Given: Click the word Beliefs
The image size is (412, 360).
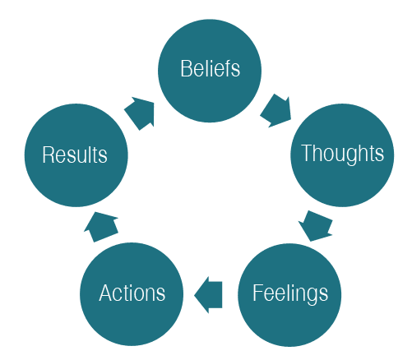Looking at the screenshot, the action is tap(211, 68).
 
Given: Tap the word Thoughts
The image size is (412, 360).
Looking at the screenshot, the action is tap(342, 154).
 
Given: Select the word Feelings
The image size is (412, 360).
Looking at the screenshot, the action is tap(290, 293).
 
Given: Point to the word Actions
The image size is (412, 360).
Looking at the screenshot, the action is tap(132, 293).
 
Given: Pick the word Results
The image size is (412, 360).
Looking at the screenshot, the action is tap(75, 155).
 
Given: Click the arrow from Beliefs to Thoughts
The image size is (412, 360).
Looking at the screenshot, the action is tap(275, 111).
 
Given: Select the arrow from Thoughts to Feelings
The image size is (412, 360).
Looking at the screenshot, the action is tap(316, 226).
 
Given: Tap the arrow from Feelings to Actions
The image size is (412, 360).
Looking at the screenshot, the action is tap(208, 295).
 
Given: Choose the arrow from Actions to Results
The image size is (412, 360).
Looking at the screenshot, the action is tap(101, 227).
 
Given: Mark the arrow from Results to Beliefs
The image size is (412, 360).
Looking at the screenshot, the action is tap(140, 113).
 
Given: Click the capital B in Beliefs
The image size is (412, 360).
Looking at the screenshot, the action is tap(186, 68).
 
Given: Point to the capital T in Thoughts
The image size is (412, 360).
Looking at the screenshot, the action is tap(307, 152).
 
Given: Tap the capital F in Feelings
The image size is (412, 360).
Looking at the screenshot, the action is tap(258, 293).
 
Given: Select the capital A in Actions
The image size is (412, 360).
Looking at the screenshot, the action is tap(106, 293).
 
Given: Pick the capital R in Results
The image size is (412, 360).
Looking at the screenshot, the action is tap(49, 155).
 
